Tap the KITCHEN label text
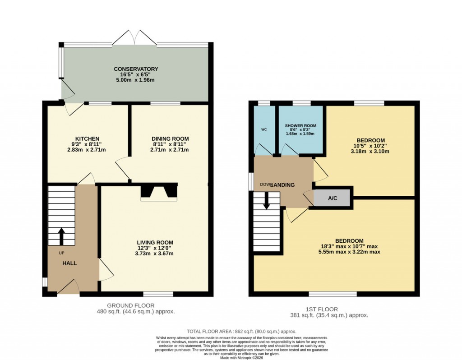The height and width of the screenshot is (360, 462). [x=87, y=138]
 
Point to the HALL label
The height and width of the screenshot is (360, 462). [x=69, y=263]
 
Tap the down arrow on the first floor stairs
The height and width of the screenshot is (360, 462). [x=266, y=201]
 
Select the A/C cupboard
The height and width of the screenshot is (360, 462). [x=333, y=198]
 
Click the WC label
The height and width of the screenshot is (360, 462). [x=264, y=129]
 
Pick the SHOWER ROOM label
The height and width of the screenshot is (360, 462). [x=300, y=126]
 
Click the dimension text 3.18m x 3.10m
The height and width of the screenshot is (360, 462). [x=370, y=152]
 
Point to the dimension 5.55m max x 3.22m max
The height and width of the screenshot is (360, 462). [x=349, y=252]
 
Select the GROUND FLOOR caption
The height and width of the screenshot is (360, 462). [x=135, y=305]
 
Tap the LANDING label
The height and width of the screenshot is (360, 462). [x=284, y=185]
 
